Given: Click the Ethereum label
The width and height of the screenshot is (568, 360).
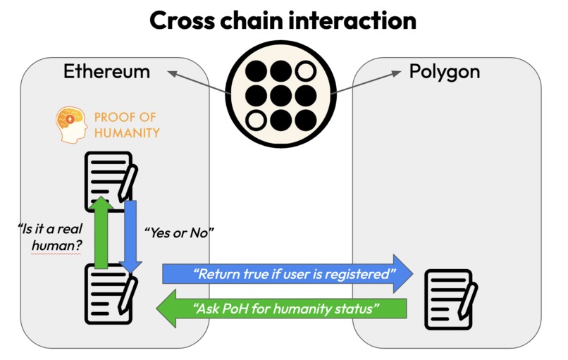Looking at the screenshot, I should click(x=106, y=71).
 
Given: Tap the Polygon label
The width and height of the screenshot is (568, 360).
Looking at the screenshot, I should click(x=445, y=71).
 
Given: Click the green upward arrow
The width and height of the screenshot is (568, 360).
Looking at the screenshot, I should click(x=101, y=232).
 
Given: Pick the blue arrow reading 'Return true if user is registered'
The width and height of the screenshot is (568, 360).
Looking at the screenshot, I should click(x=286, y=273).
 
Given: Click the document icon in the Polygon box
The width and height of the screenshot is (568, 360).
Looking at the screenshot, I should click(x=451, y=297).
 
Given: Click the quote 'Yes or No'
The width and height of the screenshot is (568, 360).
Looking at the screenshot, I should click(x=177, y=232).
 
